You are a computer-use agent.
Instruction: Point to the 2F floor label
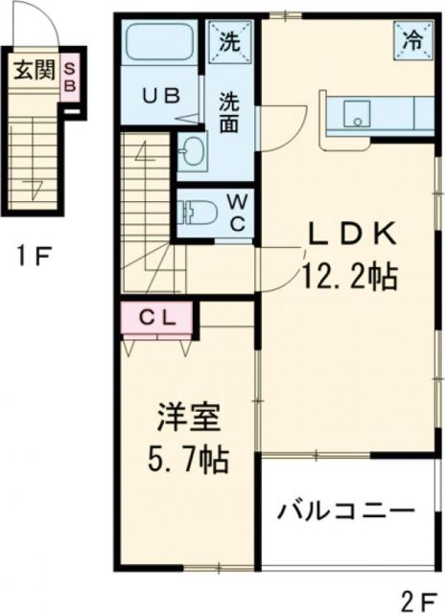pos(417,600)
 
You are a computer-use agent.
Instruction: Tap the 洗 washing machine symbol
pos(230,40)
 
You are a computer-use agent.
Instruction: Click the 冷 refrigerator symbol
pos(411,40)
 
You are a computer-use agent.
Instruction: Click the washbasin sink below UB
pos(193,149)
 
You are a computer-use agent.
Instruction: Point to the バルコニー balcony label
pos(345,511)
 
